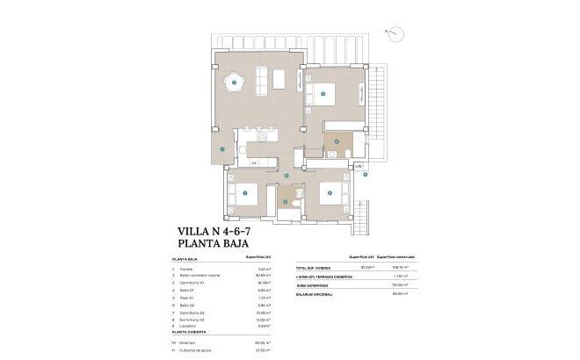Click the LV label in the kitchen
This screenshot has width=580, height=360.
(x=253, y=163)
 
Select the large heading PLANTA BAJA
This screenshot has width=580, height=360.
(x=214, y=246)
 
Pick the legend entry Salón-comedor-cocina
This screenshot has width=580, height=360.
(x=201, y=276)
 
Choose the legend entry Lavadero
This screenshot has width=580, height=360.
(x=190, y=325)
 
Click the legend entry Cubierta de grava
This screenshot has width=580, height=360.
(x=197, y=350)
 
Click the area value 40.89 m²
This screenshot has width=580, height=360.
(x=264, y=276)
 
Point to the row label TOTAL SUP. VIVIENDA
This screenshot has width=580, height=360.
(x=314, y=268)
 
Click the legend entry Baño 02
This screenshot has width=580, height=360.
(x=190, y=304)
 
